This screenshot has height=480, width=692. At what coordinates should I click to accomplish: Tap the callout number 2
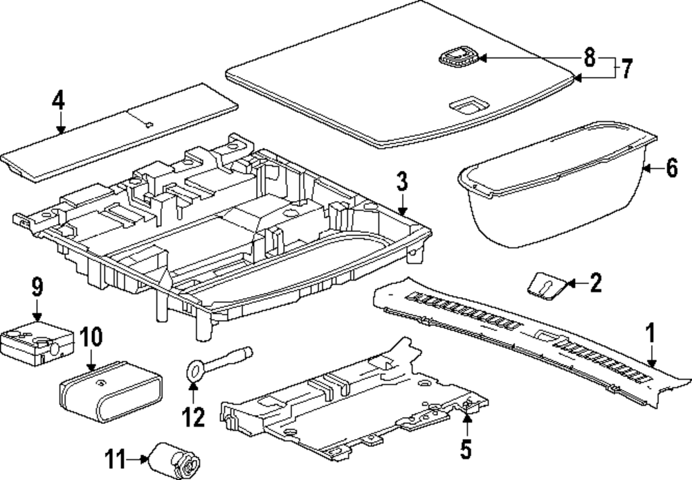tap(596, 283)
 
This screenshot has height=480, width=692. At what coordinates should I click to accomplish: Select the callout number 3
tap(402, 185)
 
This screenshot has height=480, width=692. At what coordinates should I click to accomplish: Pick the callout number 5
tap(466, 450)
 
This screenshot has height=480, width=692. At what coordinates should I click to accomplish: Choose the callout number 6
tap(671, 168)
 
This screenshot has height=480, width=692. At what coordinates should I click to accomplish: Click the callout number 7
tap(626, 69)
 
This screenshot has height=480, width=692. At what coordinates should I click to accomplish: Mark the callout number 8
tap(589, 57)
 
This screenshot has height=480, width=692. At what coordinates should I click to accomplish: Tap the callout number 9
tap(37, 285)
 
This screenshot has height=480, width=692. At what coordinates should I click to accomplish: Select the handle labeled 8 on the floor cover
tap(457, 57)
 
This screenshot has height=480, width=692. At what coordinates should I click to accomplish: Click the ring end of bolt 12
tap(194, 368)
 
